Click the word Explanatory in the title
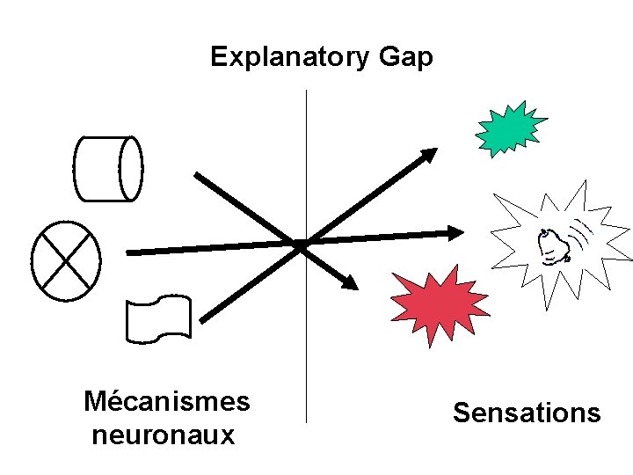tap(290, 58)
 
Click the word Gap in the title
tap(406, 58)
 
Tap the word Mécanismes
tap(166, 402)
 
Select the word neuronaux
tap(163, 435)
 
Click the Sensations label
tap(527, 413)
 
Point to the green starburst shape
tap(509, 128)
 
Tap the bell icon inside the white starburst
tap(553, 245)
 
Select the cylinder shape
tap(107, 168)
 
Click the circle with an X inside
tap(65, 259)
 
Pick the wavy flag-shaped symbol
tap(158, 318)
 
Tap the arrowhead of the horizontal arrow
tap(454, 233)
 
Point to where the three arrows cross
tap(301, 243)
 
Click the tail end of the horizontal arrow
tap(132, 252)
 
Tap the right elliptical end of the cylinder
tap(131, 167)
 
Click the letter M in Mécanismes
tap(94, 402)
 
